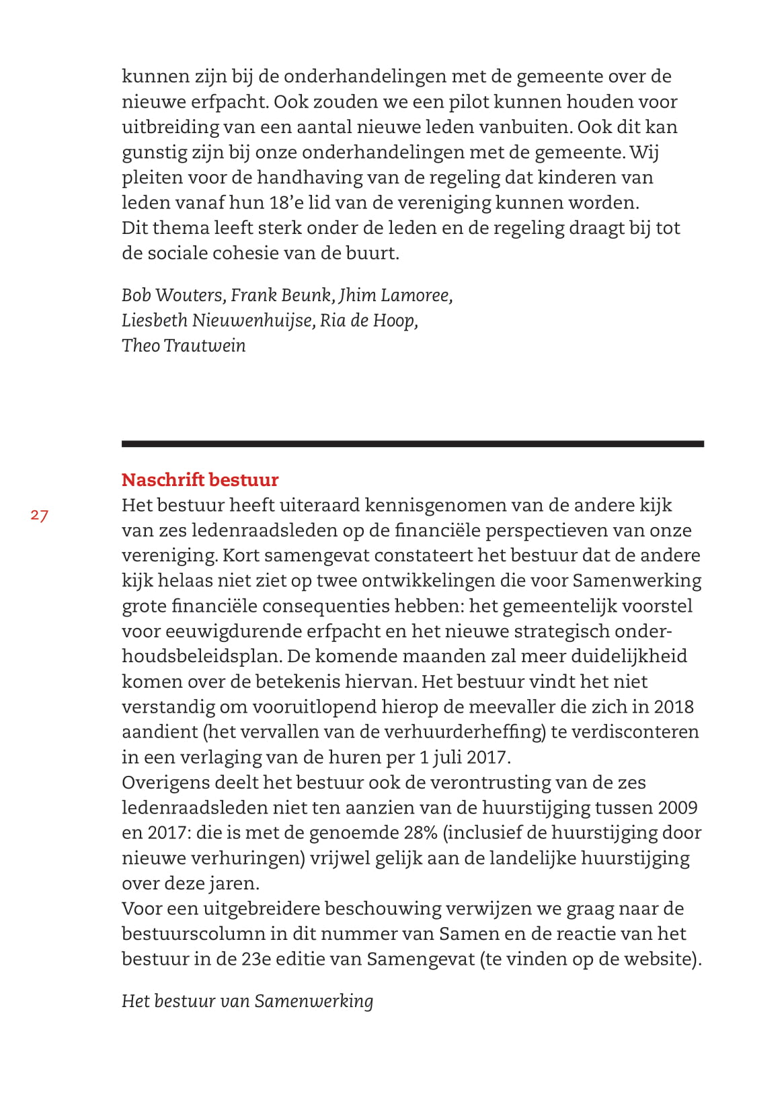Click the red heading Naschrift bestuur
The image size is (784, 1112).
(x=200, y=480)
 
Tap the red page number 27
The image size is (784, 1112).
(x=39, y=516)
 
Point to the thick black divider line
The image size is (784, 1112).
(x=412, y=444)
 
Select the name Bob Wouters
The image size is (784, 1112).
(x=172, y=295)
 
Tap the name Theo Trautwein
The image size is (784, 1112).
(x=184, y=346)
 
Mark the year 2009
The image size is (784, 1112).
(x=678, y=807)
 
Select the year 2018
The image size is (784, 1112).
(x=674, y=707)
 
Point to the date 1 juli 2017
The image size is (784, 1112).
(x=465, y=757)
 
